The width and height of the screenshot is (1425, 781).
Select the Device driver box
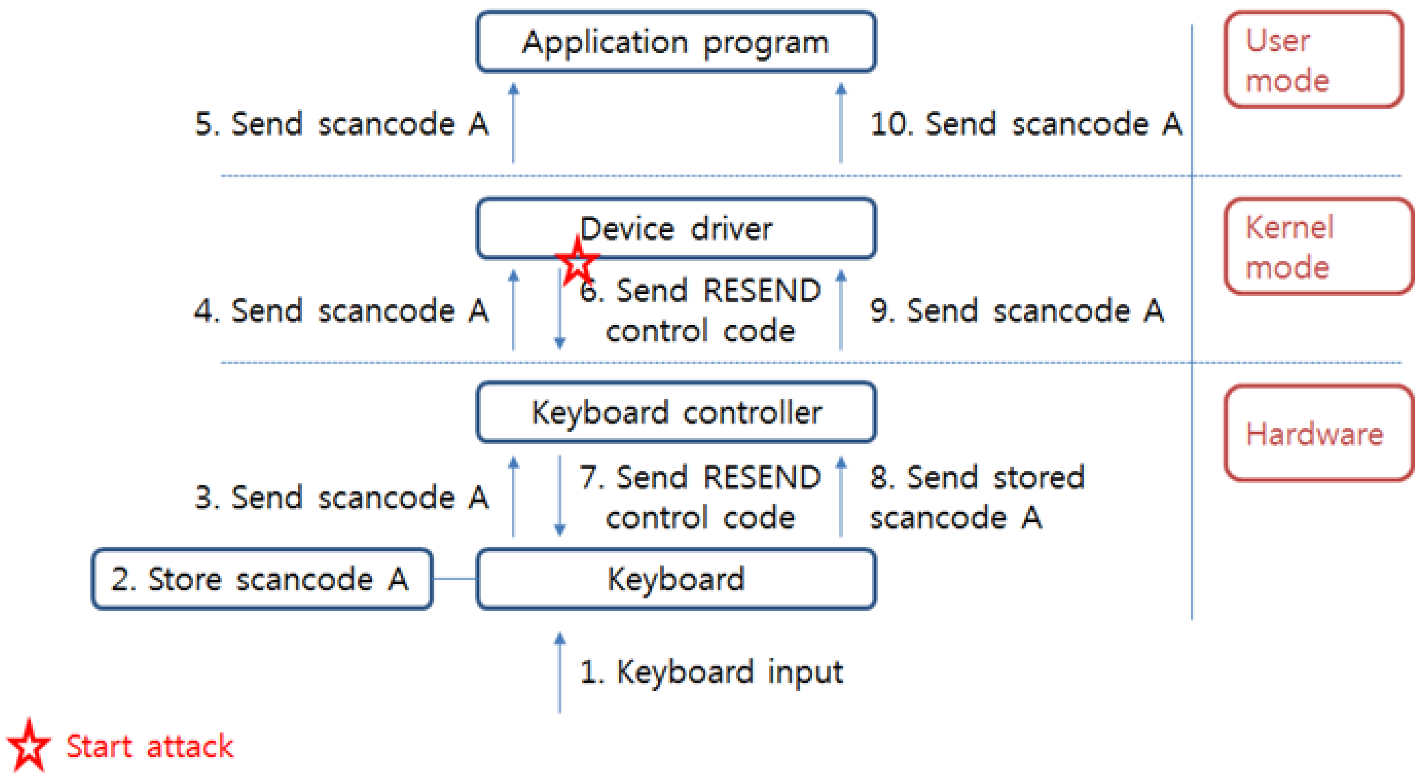(676, 228)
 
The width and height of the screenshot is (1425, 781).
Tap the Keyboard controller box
(676, 413)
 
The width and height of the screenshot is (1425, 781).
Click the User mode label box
(1313, 60)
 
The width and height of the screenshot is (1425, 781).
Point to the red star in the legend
(29, 746)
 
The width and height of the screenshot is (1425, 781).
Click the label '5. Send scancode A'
(342, 124)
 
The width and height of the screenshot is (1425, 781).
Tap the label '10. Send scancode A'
(1026, 124)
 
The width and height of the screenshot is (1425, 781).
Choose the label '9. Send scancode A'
(1017, 311)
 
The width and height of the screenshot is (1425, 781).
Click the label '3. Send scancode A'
(342, 497)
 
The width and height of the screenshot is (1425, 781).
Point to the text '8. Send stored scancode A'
(976, 497)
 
